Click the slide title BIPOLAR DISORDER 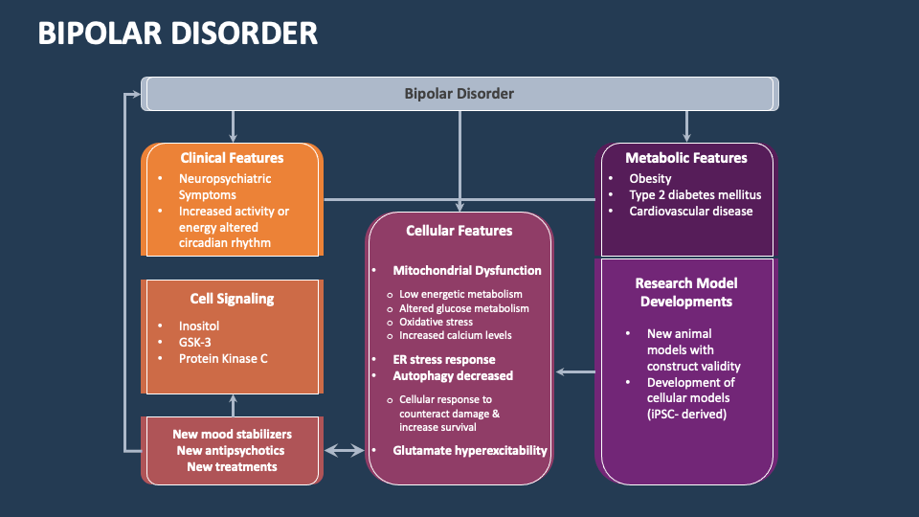[x=178, y=34]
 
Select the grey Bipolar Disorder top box [x=459, y=94]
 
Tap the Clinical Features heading [x=232, y=158]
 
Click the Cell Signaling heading [x=232, y=299]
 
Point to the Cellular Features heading [x=459, y=231]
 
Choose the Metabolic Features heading [x=685, y=158]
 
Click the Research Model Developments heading [x=685, y=292]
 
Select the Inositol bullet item [x=199, y=326]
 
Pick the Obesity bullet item [x=650, y=178]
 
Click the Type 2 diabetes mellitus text [x=695, y=194]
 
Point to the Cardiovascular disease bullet [x=690, y=211]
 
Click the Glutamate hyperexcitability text [x=469, y=450]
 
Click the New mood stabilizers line [x=232, y=434]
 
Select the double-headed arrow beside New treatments [x=344, y=449]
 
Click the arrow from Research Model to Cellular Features [x=575, y=371]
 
